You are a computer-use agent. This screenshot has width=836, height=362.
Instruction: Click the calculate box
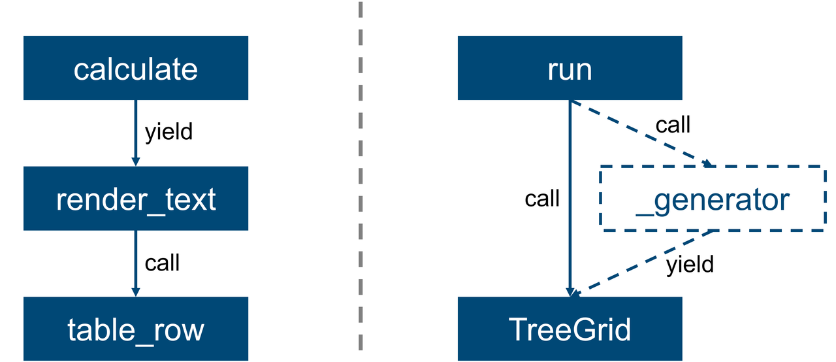point(136,68)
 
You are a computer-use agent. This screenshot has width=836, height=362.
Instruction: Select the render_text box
point(136,199)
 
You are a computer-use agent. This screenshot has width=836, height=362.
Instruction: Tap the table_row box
point(136,329)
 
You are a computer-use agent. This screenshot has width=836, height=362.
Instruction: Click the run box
point(570,68)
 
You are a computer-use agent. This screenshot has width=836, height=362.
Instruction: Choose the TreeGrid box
point(570,329)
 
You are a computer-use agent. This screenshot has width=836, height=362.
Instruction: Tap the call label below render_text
point(162,263)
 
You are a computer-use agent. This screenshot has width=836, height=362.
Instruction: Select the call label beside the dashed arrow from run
point(673,124)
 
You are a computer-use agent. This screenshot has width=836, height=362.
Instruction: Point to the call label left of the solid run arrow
point(542,198)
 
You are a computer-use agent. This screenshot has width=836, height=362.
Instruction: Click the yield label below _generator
point(690,265)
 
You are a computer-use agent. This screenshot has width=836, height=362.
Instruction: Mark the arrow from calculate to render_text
point(136,133)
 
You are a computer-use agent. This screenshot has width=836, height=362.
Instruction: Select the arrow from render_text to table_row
point(136,263)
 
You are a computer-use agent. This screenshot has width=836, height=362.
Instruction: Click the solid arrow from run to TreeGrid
point(570,199)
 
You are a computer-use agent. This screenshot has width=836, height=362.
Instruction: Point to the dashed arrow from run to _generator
point(641,133)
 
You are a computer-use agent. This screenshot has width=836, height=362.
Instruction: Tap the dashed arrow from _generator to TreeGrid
point(641,264)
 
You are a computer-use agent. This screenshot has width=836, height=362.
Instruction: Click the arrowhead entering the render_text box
point(136,161)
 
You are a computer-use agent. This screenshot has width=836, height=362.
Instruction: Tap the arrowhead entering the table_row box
point(136,292)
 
